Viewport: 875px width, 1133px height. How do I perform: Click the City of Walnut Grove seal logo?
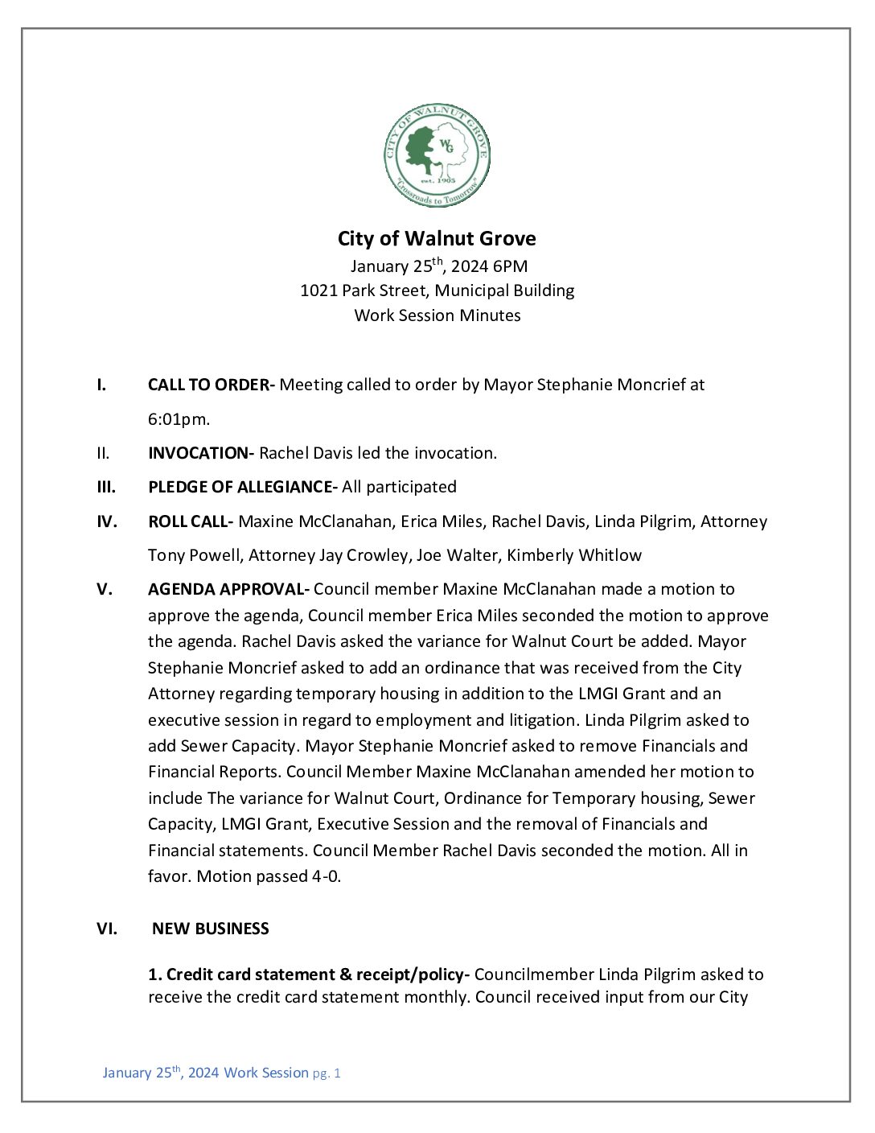pyautogui.click(x=437, y=155)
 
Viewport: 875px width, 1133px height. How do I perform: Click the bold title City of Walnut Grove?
pyautogui.click(x=437, y=239)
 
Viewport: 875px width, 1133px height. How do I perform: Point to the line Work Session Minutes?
pyautogui.click(x=437, y=315)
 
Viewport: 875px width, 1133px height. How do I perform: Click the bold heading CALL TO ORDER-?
pyautogui.click(x=211, y=385)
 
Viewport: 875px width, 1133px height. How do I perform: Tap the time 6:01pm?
pyautogui.click(x=179, y=419)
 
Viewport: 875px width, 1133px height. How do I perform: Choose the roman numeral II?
pyautogui.click(x=103, y=453)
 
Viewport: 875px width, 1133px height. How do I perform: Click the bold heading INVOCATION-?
pyautogui.click(x=201, y=453)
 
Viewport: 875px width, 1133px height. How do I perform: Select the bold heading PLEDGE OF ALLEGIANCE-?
pyautogui.click(x=242, y=487)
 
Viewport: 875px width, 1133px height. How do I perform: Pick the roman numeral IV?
pyautogui.click(x=106, y=521)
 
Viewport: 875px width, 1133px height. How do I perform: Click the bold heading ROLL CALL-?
pyautogui.click(x=191, y=521)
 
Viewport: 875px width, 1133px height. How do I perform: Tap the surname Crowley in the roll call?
pyautogui.click(x=377, y=555)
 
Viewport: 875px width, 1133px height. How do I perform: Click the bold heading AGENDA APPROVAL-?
pyautogui.click(x=228, y=589)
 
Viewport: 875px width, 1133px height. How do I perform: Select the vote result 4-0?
pyautogui.click(x=326, y=876)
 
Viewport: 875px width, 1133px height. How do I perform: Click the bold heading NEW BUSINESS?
pyautogui.click(x=211, y=929)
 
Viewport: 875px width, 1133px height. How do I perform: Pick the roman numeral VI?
pyautogui.click(x=106, y=929)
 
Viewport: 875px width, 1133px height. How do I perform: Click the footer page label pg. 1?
pyautogui.click(x=327, y=1073)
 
